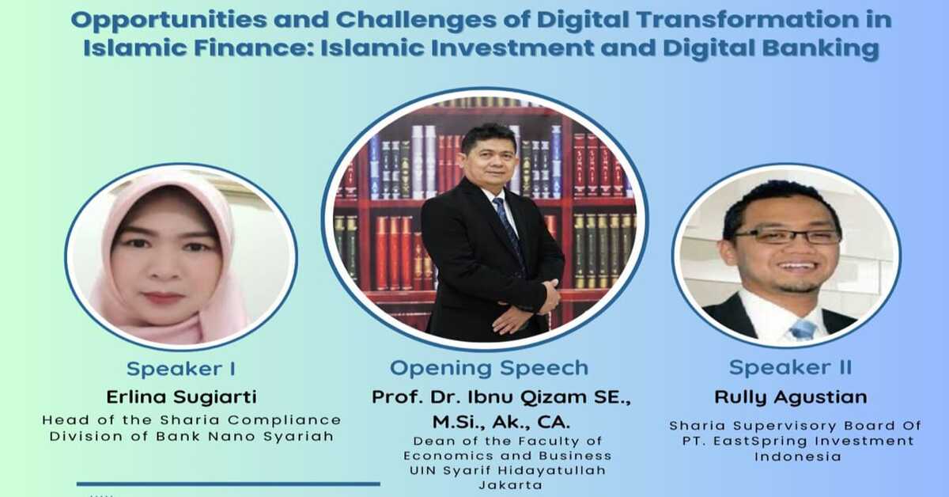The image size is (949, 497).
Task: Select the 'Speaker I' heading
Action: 181,369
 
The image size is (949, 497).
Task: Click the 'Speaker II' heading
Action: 790,367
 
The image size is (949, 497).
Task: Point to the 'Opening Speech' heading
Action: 489,368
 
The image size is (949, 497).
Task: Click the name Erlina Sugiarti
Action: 181,397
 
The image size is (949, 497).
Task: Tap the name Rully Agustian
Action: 791,397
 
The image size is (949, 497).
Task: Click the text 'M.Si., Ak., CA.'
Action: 501,423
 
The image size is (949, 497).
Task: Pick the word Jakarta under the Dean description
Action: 511,485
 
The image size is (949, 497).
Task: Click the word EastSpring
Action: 761,442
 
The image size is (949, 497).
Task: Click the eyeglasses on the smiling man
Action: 787,236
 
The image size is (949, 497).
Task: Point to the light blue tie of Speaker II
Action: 802,330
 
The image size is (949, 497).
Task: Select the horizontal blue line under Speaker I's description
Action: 229,484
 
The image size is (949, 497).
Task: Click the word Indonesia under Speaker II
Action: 798,457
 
